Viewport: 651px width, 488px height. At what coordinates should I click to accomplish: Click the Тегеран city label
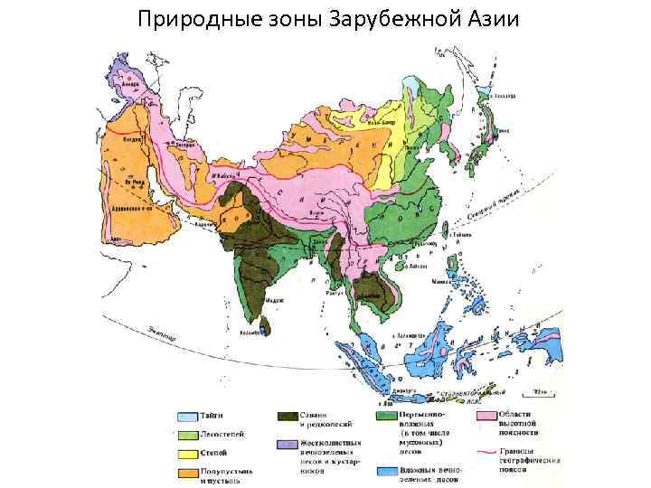185,143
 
